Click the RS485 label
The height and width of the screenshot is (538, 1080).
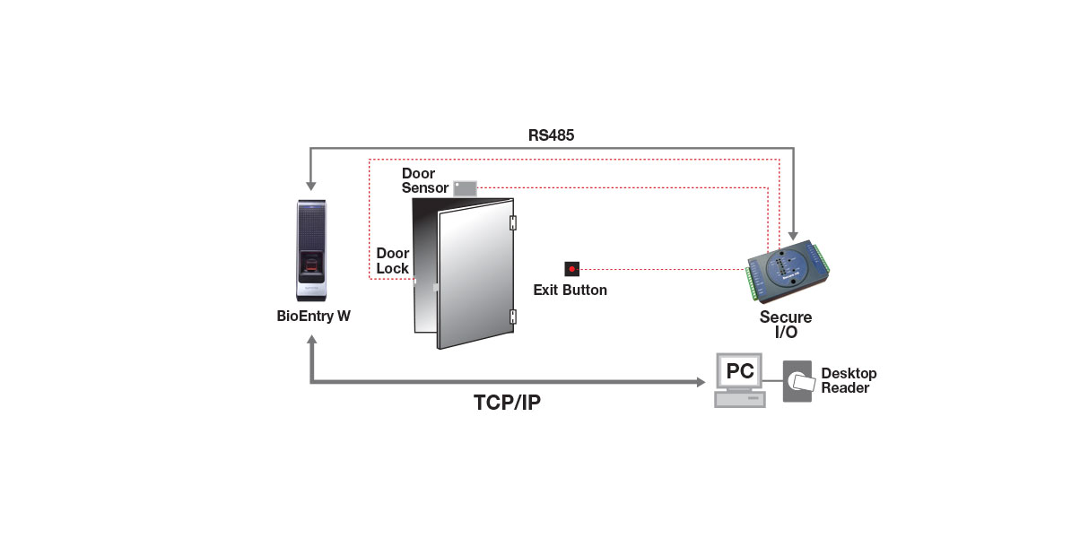[551, 135]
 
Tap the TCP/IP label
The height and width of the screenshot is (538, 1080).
[507, 403]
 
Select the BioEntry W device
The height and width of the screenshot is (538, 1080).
[311, 251]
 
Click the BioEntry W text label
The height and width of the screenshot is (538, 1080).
[313, 317]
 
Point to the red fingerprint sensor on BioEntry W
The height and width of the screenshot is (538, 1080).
[311, 264]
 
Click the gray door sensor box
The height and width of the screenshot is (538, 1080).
[464, 187]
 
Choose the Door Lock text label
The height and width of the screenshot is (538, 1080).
[393, 261]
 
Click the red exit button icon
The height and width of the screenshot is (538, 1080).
[571, 268]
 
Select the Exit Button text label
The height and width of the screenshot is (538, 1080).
[570, 291]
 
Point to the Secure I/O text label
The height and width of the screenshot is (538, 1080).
[786, 324]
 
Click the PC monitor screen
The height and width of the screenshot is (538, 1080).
[739, 369]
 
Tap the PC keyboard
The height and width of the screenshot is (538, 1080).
[740, 400]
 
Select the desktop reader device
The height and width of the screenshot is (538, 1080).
[797, 381]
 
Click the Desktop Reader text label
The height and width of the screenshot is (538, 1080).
[849, 380]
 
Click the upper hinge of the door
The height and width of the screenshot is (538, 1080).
[513, 222]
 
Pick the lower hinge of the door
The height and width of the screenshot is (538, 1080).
[513, 316]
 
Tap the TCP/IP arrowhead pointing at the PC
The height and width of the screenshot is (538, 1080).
[699, 382]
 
